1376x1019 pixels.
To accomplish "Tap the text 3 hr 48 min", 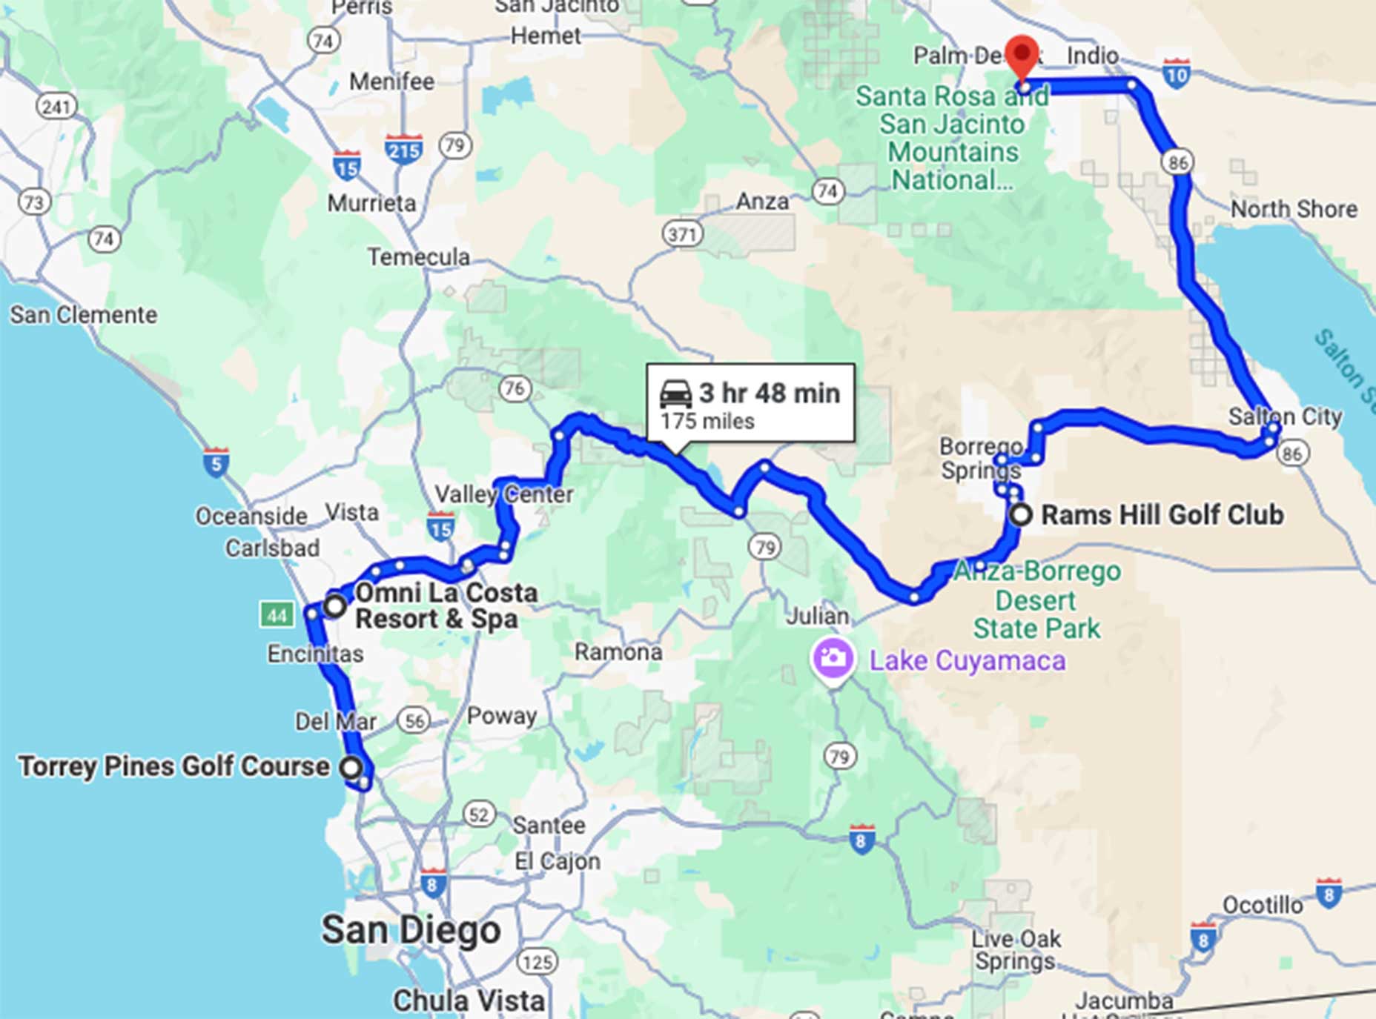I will click(769, 393).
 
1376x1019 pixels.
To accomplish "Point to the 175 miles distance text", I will click(707, 422).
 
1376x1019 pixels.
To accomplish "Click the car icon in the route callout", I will click(675, 393).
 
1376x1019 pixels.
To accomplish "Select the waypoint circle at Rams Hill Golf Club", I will click(1021, 514).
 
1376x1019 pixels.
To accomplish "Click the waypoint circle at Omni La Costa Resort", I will click(335, 605).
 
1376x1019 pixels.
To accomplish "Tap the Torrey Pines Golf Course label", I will click(173, 766).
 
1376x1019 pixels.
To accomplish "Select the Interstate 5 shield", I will click(216, 462).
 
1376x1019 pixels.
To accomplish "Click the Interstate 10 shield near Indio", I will click(1177, 73).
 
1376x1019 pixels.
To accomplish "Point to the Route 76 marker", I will click(514, 388).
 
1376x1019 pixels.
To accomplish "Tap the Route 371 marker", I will click(681, 235).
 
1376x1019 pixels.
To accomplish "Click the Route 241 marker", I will click(56, 107).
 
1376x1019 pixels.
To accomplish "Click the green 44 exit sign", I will click(277, 614).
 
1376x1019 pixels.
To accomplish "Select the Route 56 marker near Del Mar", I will click(414, 720).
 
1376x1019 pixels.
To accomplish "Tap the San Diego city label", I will click(411, 930).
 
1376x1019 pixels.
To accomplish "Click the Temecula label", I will click(419, 257).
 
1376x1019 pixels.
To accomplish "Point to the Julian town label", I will click(818, 616).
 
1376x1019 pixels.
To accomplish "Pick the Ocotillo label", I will click(1263, 905).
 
